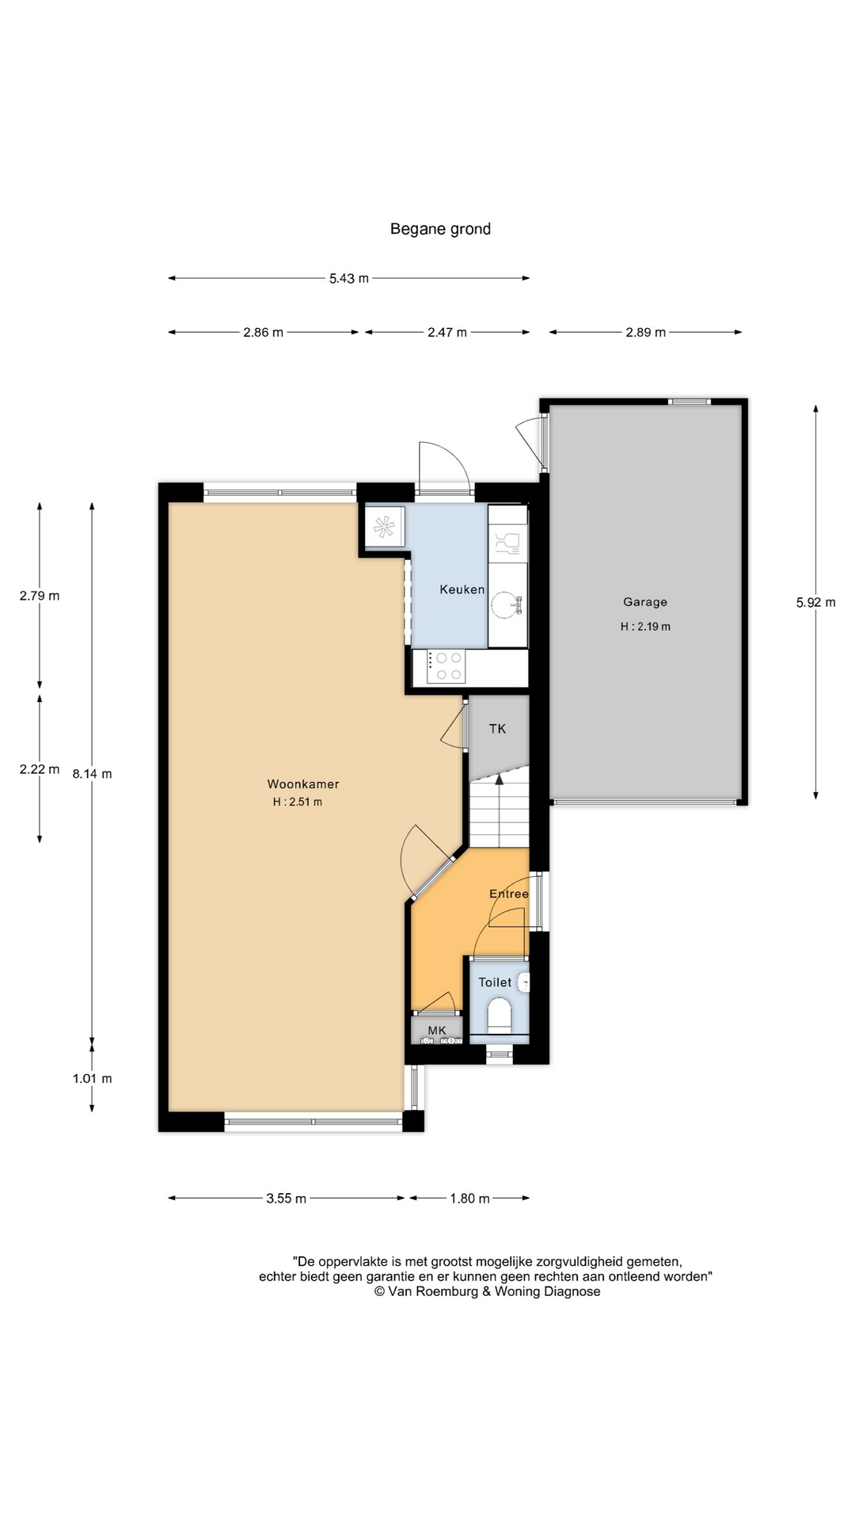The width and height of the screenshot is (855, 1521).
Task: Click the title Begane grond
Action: coord(440,230)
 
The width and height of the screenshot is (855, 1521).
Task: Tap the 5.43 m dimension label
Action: coord(349,278)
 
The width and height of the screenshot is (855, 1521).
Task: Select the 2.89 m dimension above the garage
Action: coord(645,333)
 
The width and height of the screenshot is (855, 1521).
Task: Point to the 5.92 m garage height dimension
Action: coord(815,602)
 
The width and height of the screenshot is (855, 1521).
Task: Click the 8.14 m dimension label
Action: coord(92,774)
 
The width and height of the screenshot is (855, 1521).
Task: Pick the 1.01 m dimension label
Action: coord(92,1078)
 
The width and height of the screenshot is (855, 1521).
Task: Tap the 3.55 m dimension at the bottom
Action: coord(286,1199)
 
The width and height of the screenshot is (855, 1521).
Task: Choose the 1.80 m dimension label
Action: coord(469,1199)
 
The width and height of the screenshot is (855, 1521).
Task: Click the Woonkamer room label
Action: coord(303,784)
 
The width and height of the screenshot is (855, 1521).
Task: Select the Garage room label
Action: coord(645,602)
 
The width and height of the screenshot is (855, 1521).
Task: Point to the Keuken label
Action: coord(462,589)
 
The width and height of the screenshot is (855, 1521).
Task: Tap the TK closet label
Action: coord(497,729)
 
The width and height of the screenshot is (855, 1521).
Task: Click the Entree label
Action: coord(509,894)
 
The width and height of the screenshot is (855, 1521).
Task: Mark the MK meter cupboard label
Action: coord(437,1030)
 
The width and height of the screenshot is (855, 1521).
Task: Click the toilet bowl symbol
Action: coord(500,1014)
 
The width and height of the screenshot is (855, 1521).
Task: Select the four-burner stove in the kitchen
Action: coord(446,666)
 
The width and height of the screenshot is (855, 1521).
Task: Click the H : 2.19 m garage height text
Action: coord(645,627)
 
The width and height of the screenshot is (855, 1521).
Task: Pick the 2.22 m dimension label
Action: coord(40,769)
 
